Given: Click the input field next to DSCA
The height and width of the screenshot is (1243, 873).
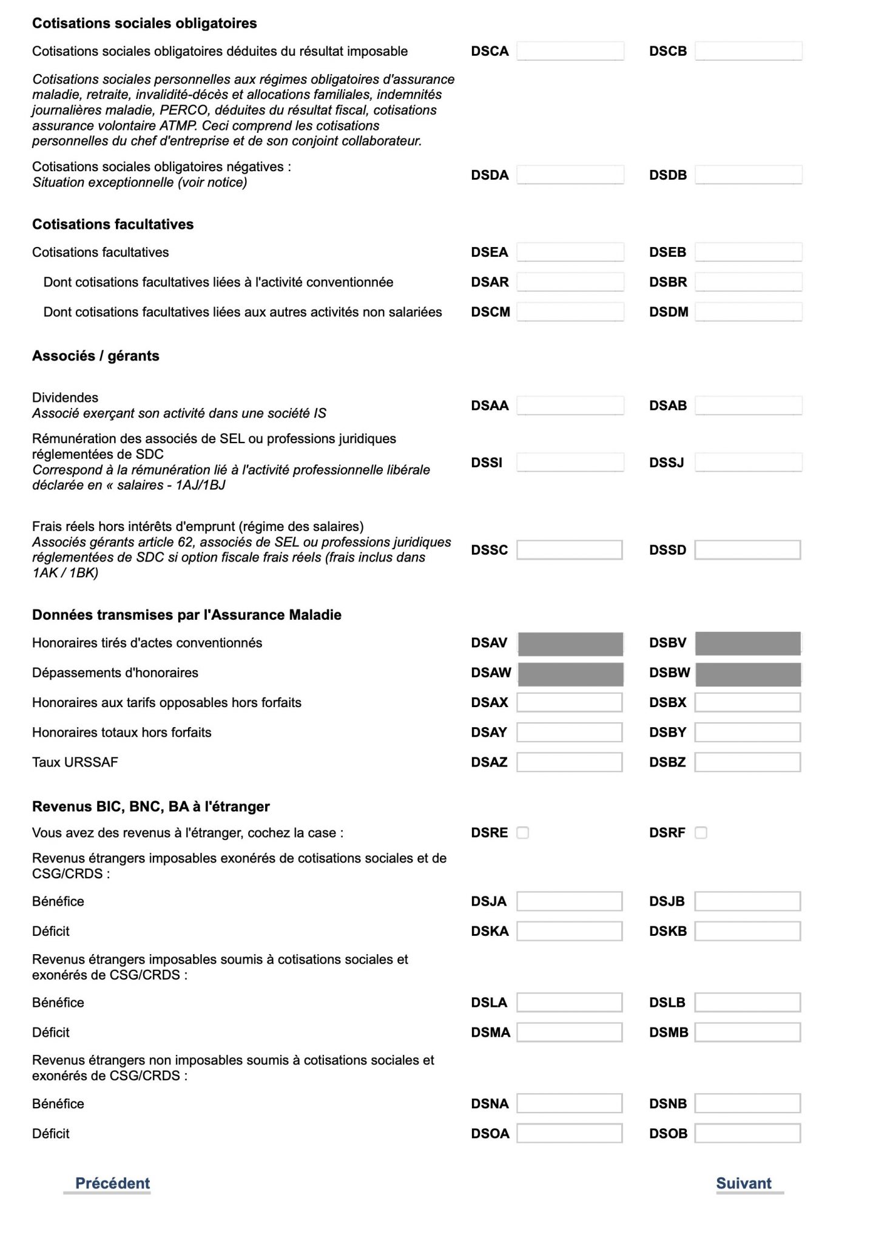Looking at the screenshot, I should (x=570, y=51).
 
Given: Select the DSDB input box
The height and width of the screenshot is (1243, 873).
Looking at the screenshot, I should (x=748, y=175).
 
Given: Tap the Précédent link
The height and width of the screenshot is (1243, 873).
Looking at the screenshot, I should (x=112, y=1183).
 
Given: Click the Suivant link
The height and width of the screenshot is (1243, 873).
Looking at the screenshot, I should (x=743, y=1183).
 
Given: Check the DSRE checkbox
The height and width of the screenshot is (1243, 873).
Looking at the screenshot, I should (x=523, y=833).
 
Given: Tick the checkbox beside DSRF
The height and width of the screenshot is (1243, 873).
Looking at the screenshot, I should (x=701, y=833).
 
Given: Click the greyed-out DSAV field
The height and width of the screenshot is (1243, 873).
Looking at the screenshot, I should (x=570, y=643).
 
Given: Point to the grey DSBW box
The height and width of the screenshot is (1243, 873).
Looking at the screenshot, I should (x=748, y=674).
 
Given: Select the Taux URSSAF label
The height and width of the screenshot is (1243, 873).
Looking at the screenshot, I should (x=75, y=762).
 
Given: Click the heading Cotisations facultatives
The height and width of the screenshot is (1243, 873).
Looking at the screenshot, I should (x=113, y=225).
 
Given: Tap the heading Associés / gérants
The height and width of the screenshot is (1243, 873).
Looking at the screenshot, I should (x=95, y=356).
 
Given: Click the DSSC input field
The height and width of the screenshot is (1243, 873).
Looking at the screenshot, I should (x=570, y=550).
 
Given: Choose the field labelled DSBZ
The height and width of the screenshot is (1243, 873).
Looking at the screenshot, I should (x=748, y=762).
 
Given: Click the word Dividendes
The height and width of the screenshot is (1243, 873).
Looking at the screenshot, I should (x=65, y=398).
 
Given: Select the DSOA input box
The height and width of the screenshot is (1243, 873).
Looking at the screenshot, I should (x=570, y=1133).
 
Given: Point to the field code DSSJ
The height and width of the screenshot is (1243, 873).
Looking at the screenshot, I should (x=666, y=462).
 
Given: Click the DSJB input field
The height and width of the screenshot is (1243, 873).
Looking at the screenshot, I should (x=748, y=901).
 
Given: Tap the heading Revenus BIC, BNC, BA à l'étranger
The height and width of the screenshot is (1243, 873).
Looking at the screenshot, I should (x=150, y=807).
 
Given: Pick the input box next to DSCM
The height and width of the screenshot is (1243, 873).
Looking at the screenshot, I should (x=570, y=312).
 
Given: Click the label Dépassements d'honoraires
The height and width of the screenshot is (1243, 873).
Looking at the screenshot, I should (x=115, y=672).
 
